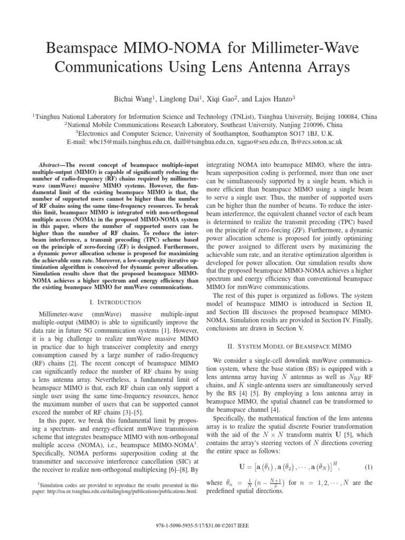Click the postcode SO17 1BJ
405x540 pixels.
click(308, 133)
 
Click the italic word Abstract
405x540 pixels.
click(52, 165)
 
